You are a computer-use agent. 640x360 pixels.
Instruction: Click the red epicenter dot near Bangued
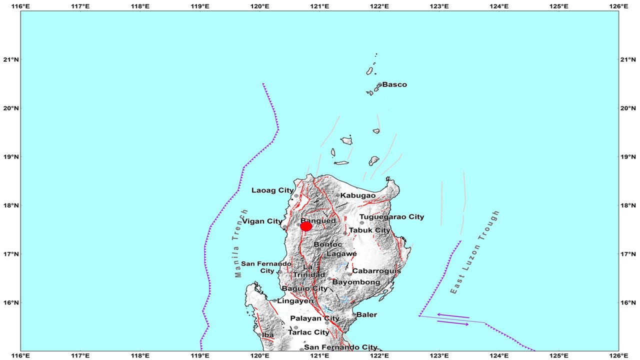[x=306, y=226]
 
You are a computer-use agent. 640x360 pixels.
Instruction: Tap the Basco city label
[x=394, y=84]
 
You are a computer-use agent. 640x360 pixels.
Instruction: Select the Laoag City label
[x=272, y=190]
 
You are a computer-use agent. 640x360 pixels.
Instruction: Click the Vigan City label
[x=262, y=221]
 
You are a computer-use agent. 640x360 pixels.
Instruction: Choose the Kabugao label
[x=358, y=195]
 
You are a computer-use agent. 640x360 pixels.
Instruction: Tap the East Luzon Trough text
[x=475, y=252]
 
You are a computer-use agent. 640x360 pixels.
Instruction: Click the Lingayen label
[x=295, y=300]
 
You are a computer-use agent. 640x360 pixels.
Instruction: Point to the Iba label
[x=267, y=335]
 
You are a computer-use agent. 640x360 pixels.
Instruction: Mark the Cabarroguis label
[x=376, y=271]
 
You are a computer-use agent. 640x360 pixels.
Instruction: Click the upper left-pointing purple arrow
[x=453, y=315]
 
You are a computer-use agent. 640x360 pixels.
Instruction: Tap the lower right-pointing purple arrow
[x=453, y=323]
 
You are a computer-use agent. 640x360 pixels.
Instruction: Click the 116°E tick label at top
[x=20, y=5]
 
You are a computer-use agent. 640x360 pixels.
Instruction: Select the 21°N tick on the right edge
[x=628, y=59]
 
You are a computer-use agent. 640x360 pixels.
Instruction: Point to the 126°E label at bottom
[x=618, y=355]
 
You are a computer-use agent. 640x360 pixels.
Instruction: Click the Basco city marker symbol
[x=380, y=84]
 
